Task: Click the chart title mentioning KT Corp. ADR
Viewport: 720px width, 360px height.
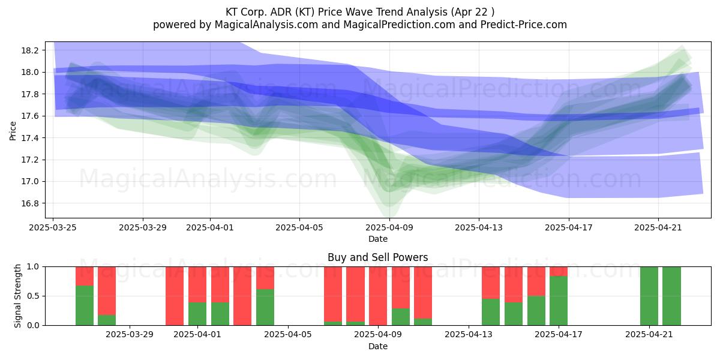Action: coord(359,12)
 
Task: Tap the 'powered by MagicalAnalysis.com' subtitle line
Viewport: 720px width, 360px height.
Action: coord(359,25)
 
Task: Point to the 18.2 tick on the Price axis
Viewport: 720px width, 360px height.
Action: coord(30,50)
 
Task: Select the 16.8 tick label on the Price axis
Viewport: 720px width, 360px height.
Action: coord(30,203)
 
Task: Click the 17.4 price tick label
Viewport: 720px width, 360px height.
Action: coord(30,138)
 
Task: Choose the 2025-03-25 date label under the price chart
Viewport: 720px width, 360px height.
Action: coord(53,227)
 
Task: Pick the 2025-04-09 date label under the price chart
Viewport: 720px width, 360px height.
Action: coord(389,227)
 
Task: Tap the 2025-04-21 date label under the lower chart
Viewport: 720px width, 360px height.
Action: coord(649,335)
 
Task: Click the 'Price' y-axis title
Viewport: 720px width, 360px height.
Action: coord(13,131)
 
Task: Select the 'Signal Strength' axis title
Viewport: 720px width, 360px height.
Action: coord(17,296)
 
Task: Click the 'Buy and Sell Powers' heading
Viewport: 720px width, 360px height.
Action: coord(377,257)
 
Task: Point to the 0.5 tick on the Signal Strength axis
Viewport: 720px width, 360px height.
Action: coord(33,296)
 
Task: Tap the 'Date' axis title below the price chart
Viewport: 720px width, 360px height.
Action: coord(377,239)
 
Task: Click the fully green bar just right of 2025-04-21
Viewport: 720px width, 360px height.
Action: coord(671,296)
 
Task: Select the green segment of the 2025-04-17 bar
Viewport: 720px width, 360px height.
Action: coord(559,301)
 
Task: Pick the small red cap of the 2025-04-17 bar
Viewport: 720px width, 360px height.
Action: coord(559,271)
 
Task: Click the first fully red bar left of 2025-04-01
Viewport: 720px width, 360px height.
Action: coord(175,296)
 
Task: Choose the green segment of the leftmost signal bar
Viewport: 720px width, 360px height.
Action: coord(85,305)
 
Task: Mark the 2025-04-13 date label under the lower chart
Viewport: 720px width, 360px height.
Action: coord(469,335)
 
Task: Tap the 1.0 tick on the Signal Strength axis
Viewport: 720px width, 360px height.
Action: coord(33,267)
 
